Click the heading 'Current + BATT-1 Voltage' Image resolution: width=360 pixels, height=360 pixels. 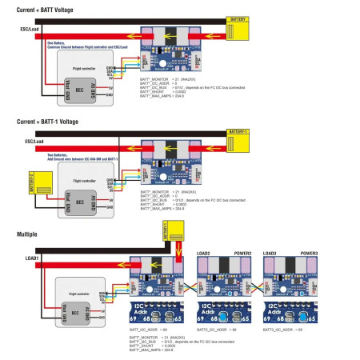point(47,122)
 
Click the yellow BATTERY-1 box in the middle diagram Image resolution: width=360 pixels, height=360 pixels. point(240,143)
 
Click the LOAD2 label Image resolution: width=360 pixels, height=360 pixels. point(206,252)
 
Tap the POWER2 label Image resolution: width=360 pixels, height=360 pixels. point(242,252)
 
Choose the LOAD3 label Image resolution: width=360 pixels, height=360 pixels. point(270,252)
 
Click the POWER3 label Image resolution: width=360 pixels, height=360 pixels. point(307,252)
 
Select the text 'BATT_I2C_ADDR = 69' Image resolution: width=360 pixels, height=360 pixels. point(154,330)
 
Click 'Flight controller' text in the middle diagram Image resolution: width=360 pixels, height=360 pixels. point(85,182)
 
